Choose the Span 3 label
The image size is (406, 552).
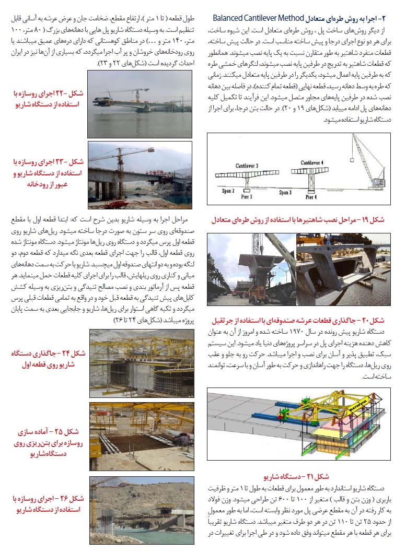285,192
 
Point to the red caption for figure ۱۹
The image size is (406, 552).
298,220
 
